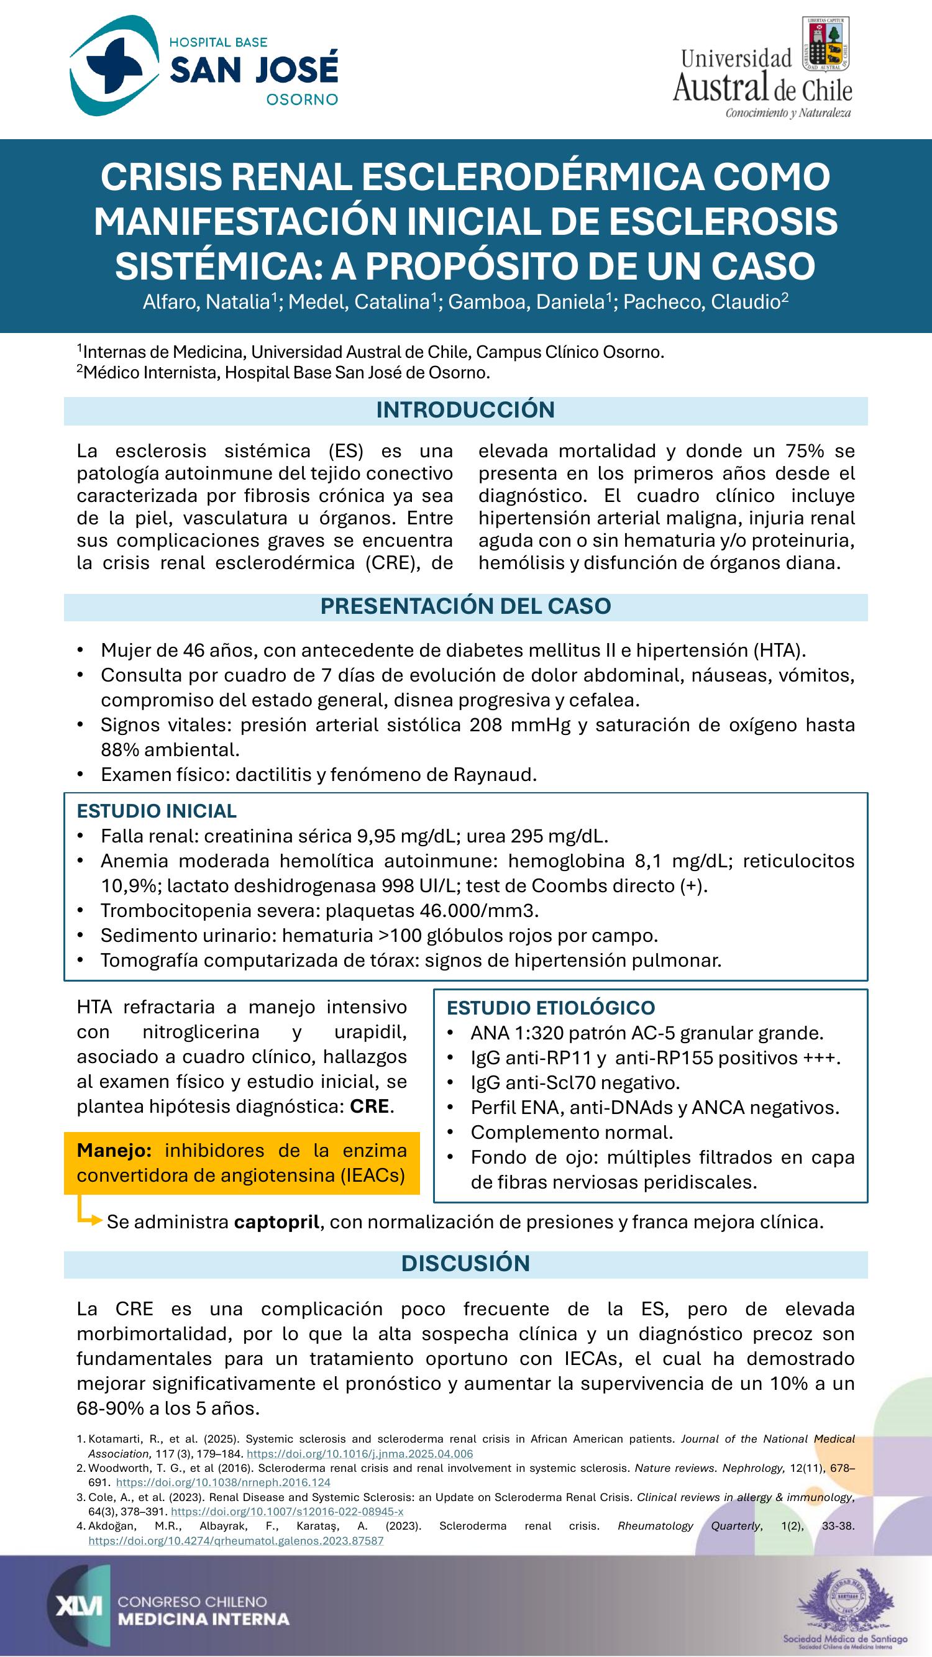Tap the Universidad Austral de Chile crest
click(826, 44)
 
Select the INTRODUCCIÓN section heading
click(465, 410)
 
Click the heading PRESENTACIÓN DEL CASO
click(465, 606)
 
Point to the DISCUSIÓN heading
click(465, 1262)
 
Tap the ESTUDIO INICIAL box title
click(157, 811)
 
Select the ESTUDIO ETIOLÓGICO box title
click(551, 1007)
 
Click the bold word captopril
click(276, 1221)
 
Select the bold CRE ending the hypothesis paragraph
click(370, 1106)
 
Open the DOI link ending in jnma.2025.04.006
click(360, 1454)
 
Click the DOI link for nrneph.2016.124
click(223, 1482)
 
